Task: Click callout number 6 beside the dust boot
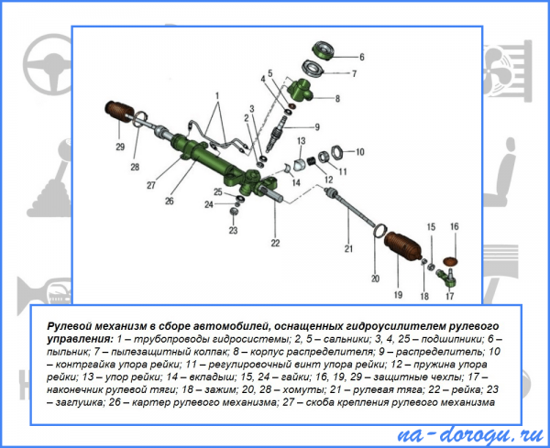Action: [362, 57]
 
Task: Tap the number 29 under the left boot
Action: [120, 147]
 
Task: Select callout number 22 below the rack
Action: [275, 243]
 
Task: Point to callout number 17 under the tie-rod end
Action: [450, 296]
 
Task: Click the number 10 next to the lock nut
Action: [360, 152]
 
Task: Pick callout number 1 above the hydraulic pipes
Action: [217, 95]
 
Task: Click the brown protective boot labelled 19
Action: [402, 245]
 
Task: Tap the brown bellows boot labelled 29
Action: [119, 111]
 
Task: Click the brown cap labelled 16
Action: [451, 261]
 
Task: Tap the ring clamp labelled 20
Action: [379, 231]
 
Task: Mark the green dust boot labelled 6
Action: [322, 50]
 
